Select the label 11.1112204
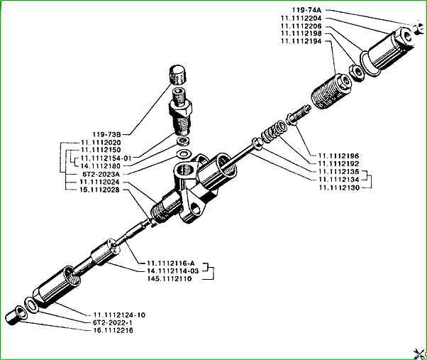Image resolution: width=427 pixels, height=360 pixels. (x=303, y=18)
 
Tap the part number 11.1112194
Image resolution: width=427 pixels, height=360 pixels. (x=303, y=42)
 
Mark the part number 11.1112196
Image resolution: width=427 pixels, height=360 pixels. (x=330, y=155)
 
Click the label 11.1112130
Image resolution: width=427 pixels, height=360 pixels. (x=340, y=187)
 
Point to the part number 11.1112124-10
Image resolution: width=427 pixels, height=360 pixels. (x=118, y=314)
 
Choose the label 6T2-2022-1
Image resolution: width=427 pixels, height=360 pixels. (x=113, y=322)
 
